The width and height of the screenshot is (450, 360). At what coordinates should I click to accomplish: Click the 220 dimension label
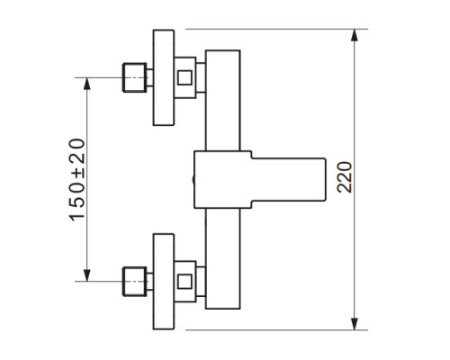tap(345, 177)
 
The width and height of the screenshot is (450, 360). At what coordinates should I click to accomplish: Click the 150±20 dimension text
tap(77, 180)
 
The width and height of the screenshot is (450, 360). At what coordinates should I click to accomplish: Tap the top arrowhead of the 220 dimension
tap(355, 35)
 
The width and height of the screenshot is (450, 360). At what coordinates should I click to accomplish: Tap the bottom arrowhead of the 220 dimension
tap(355, 324)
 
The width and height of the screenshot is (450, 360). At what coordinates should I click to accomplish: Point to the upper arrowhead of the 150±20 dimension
tap(87, 84)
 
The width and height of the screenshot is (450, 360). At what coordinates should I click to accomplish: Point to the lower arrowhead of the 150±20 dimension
tap(87, 275)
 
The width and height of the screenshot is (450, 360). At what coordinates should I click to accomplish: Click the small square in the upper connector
tap(184, 77)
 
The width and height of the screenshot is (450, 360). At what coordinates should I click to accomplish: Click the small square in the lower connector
tap(184, 282)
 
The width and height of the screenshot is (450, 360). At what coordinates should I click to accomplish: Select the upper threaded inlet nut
tap(135, 77)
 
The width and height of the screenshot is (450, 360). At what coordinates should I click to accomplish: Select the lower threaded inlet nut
tap(135, 282)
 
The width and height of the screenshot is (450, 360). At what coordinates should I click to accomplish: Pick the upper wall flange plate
tap(164, 77)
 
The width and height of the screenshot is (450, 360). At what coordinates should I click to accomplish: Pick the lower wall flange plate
tap(164, 282)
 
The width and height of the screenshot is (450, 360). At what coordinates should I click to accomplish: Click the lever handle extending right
tap(289, 179)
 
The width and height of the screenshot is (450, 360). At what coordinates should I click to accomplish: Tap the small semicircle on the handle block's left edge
tap(193, 179)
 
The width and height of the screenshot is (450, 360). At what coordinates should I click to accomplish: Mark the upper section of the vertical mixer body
tap(223, 101)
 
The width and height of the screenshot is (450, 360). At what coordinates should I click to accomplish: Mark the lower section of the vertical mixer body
tap(223, 258)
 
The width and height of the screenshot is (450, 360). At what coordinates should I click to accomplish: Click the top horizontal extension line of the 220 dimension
tap(276, 29)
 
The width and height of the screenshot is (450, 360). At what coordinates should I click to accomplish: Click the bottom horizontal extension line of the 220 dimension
tap(276, 330)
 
